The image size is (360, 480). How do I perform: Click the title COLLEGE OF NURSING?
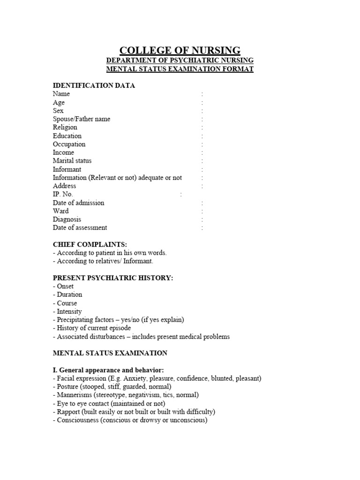tap(180, 51)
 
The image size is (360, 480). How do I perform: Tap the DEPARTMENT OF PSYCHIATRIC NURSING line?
tap(180, 60)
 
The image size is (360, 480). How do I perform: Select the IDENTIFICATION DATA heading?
tap(94, 85)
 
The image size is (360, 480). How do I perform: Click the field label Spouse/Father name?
tap(82, 119)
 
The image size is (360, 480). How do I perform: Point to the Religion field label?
tap(65, 127)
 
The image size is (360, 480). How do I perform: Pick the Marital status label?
tap(72, 161)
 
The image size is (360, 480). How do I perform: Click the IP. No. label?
tap(63, 195)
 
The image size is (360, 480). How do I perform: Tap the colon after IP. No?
tap(181, 195)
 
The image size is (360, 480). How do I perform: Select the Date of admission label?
tap(79, 203)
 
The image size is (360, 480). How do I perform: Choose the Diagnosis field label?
tap(67, 219)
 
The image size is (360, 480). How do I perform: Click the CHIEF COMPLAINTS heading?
tap(90, 245)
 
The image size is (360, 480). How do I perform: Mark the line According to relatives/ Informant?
tap(103, 261)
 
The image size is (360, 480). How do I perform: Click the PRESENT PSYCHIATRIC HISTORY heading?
tap(113, 278)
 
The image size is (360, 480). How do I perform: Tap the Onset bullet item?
tap(64, 286)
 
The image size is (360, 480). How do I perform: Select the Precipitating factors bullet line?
tap(119, 320)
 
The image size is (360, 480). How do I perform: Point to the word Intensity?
tap(69, 311)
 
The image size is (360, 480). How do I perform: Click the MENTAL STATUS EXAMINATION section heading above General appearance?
tap(110, 353)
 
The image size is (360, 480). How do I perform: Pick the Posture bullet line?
tap(112, 387)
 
